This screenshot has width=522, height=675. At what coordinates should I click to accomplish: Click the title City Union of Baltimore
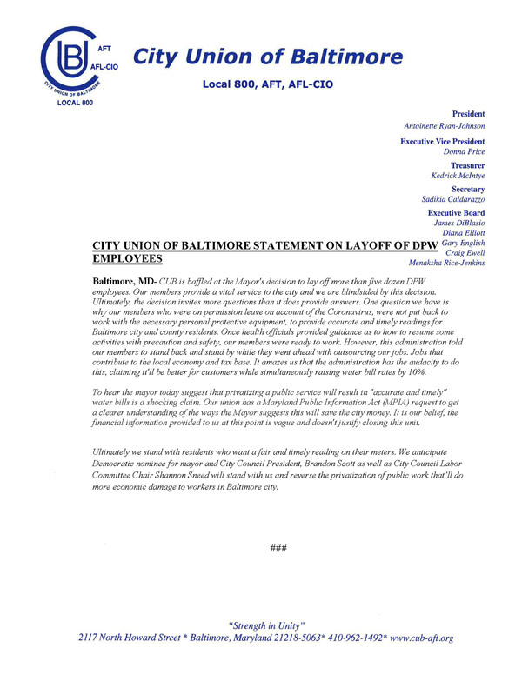(267, 58)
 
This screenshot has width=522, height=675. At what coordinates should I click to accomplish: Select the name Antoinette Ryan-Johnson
(442, 126)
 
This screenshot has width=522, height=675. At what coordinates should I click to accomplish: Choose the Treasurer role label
(467, 164)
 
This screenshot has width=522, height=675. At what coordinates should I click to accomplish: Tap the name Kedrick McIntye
(458, 176)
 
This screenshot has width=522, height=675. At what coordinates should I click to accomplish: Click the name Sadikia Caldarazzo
(452, 199)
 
